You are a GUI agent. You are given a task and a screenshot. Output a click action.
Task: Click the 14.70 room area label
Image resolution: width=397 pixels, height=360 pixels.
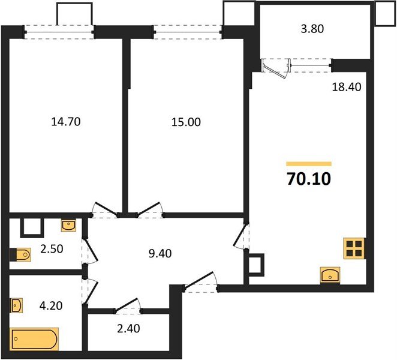[x=66, y=122]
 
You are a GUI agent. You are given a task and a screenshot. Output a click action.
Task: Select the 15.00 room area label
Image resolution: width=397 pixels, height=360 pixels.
[x=186, y=122]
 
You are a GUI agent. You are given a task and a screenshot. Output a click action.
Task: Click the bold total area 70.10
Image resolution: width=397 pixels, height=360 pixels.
[x=309, y=178]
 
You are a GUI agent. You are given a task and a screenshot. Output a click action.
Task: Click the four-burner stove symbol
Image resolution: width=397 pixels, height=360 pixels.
[x=353, y=248]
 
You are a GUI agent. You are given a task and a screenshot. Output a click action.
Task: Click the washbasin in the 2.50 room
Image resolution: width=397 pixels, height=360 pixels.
[x=69, y=226]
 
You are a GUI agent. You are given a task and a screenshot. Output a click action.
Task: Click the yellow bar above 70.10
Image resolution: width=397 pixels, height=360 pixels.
[x=309, y=163]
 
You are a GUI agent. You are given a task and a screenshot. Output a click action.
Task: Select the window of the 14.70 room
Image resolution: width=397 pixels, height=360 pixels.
[x=60, y=31]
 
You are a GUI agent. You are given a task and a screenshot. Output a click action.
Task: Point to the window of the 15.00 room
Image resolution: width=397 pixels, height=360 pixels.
[x=188, y=31]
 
